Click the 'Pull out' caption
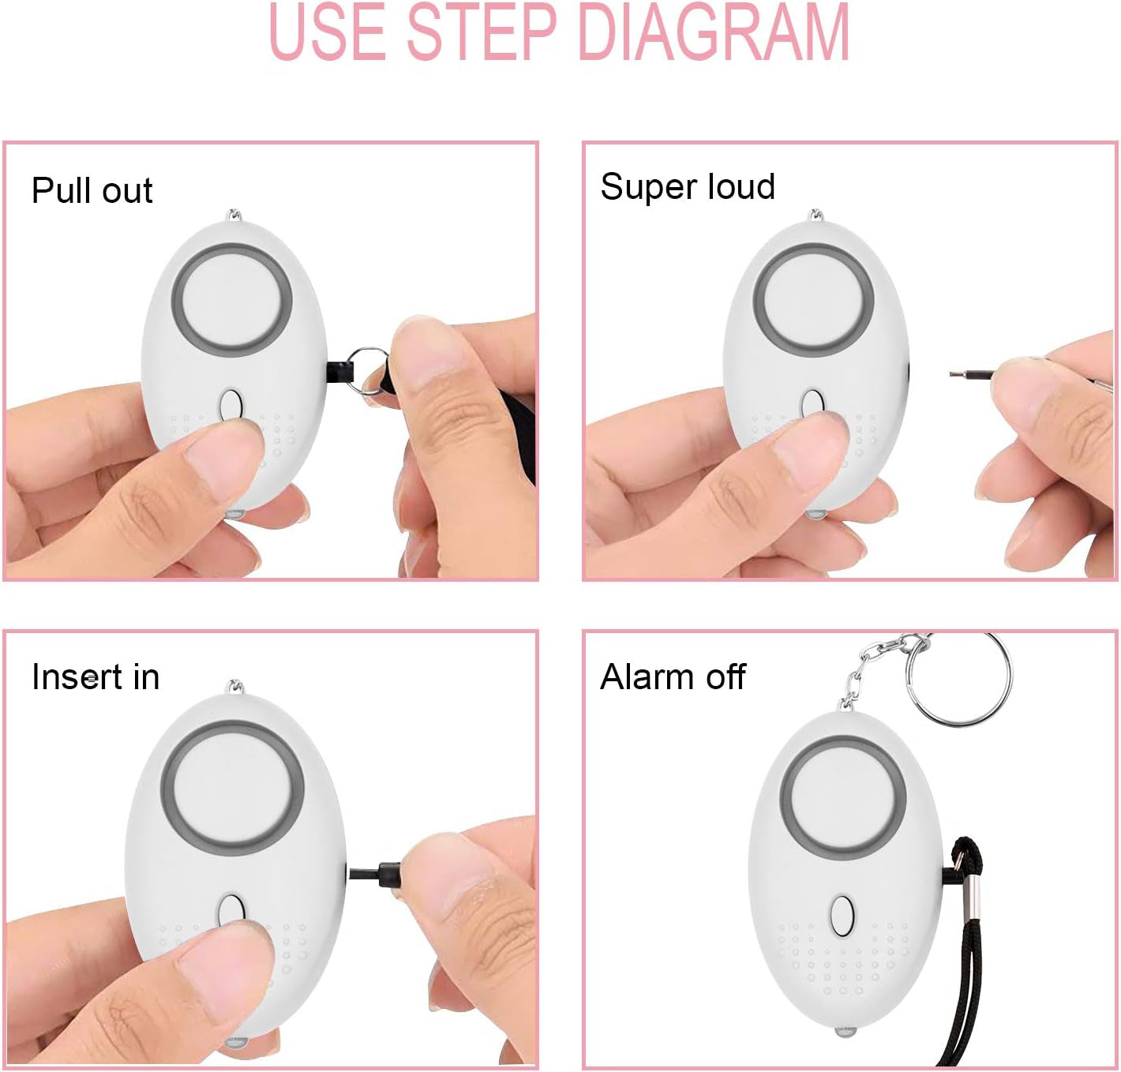coord(92,190)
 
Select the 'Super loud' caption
coord(688,186)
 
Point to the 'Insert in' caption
coord(96,677)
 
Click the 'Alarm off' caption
coord(673,677)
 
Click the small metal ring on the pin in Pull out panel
coord(369,370)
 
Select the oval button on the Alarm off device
coord(842,916)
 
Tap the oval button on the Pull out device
coord(231,406)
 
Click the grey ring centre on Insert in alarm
coord(233,789)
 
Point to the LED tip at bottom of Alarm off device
coord(845,1033)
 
